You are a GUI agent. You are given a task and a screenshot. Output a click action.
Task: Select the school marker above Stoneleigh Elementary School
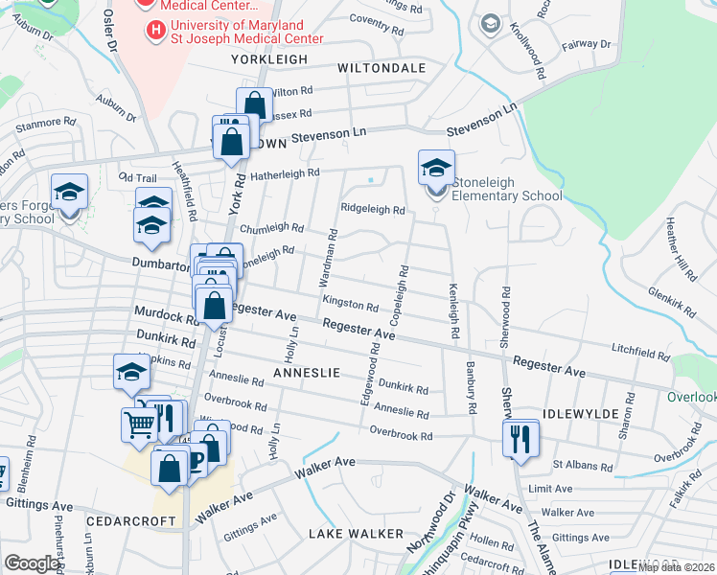coord(436,168)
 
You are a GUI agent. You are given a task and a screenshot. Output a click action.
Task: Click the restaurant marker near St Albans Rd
coord(520,439)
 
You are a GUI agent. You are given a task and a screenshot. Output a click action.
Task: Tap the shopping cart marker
coord(139,424)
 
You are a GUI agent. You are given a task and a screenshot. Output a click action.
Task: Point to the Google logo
coord(32,563)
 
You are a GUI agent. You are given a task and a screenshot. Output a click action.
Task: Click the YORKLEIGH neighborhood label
coord(269,59)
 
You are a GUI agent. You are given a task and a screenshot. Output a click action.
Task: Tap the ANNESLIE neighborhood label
coord(307,372)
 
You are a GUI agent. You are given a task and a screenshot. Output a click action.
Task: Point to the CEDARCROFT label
coord(130,521)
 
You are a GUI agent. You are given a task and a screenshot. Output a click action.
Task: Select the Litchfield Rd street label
coord(639,355)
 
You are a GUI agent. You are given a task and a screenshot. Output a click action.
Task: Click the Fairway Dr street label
coord(586,44)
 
